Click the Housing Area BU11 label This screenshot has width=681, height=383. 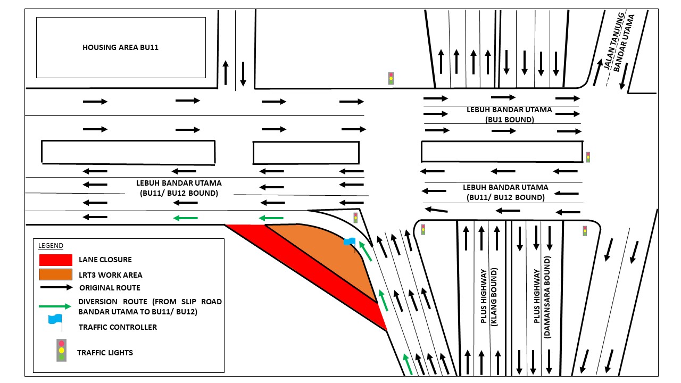(120, 47)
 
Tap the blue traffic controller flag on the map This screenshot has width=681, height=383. (349, 242)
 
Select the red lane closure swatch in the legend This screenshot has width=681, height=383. (55, 260)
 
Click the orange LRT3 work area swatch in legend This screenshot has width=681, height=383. (55, 274)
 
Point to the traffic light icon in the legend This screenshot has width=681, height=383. (62, 351)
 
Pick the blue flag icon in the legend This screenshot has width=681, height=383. (55, 320)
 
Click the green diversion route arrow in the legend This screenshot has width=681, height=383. (55, 306)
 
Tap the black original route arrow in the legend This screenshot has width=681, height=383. (55, 288)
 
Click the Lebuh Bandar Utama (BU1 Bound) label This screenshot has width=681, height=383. (509, 114)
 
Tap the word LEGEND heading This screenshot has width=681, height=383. (51, 246)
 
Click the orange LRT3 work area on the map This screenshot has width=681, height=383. (325, 255)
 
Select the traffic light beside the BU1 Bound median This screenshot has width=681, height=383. (588, 157)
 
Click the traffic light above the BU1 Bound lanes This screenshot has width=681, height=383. (391, 78)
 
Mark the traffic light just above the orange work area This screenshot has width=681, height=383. (355, 218)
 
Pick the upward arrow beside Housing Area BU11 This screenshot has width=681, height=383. (226, 73)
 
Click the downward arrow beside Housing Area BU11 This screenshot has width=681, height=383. (243, 74)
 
